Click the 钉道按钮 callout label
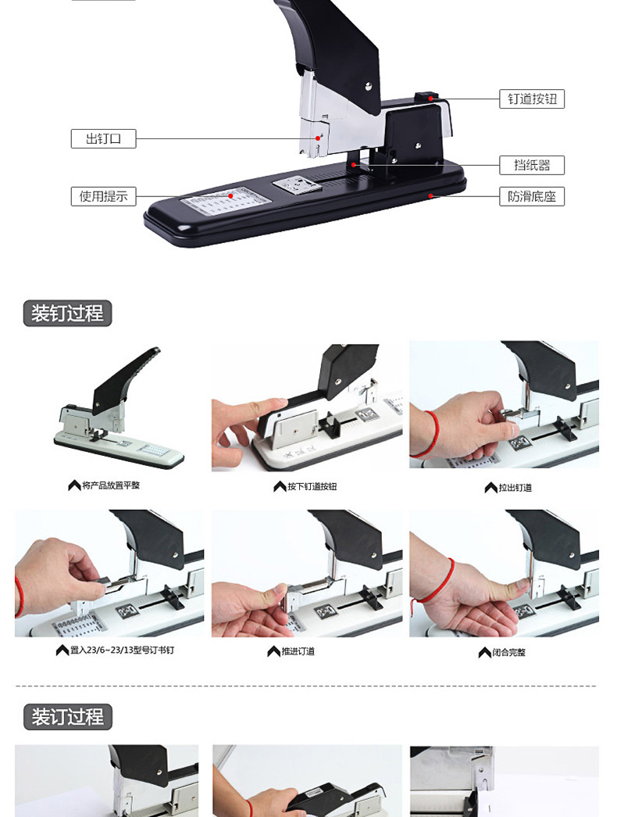click(532, 99)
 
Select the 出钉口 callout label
click(103, 138)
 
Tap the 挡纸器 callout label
click(532, 165)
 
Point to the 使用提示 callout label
click(103, 196)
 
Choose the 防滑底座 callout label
click(532, 196)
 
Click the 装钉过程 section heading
click(67, 314)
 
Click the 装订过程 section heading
click(68, 716)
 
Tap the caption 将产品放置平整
click(111, 486)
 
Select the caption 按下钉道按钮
click(312, 486)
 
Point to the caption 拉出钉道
click(515, 488)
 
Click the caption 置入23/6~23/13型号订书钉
click(123, 650)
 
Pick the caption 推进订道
click(298, 651)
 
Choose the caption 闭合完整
click(508, 652)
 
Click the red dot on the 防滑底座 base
click(430, 196)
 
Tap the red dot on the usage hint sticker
click(230, 196)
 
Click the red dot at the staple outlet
click(318, 138)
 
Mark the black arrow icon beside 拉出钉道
click(490, 488)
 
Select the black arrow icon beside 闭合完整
click(484, 652)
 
